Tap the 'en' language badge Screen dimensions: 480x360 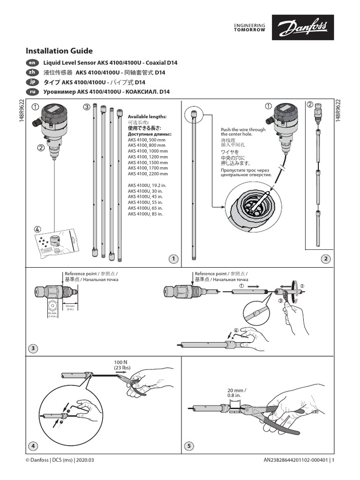pyautogui.click(x=31, y=63)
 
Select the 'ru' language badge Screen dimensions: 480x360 pyautogui.click(x=31, y=91)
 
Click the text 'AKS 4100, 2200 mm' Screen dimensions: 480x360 pyautogui.click(x=148, y=173)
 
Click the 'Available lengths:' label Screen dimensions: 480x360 pyautogui.click(x=147, y=116)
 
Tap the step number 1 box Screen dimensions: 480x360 pyautogui.click(x=173, y=258)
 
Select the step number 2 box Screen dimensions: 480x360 pyautogui.click(x=325, y=258)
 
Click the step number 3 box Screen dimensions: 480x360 pyautogui.click(x=33, y=348)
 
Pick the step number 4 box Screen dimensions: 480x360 pyautogui.click(x=33, y=445)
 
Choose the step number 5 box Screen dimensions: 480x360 pyautogui.click(x=188, y=445)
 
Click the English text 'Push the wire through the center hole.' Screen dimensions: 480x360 pyautogui.click(x=243, y=132)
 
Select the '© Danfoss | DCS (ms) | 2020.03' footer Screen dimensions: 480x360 pyautogui.click(x=60, y=460)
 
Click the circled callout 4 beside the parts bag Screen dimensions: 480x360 pyautogui.click(x=37, y=229)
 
